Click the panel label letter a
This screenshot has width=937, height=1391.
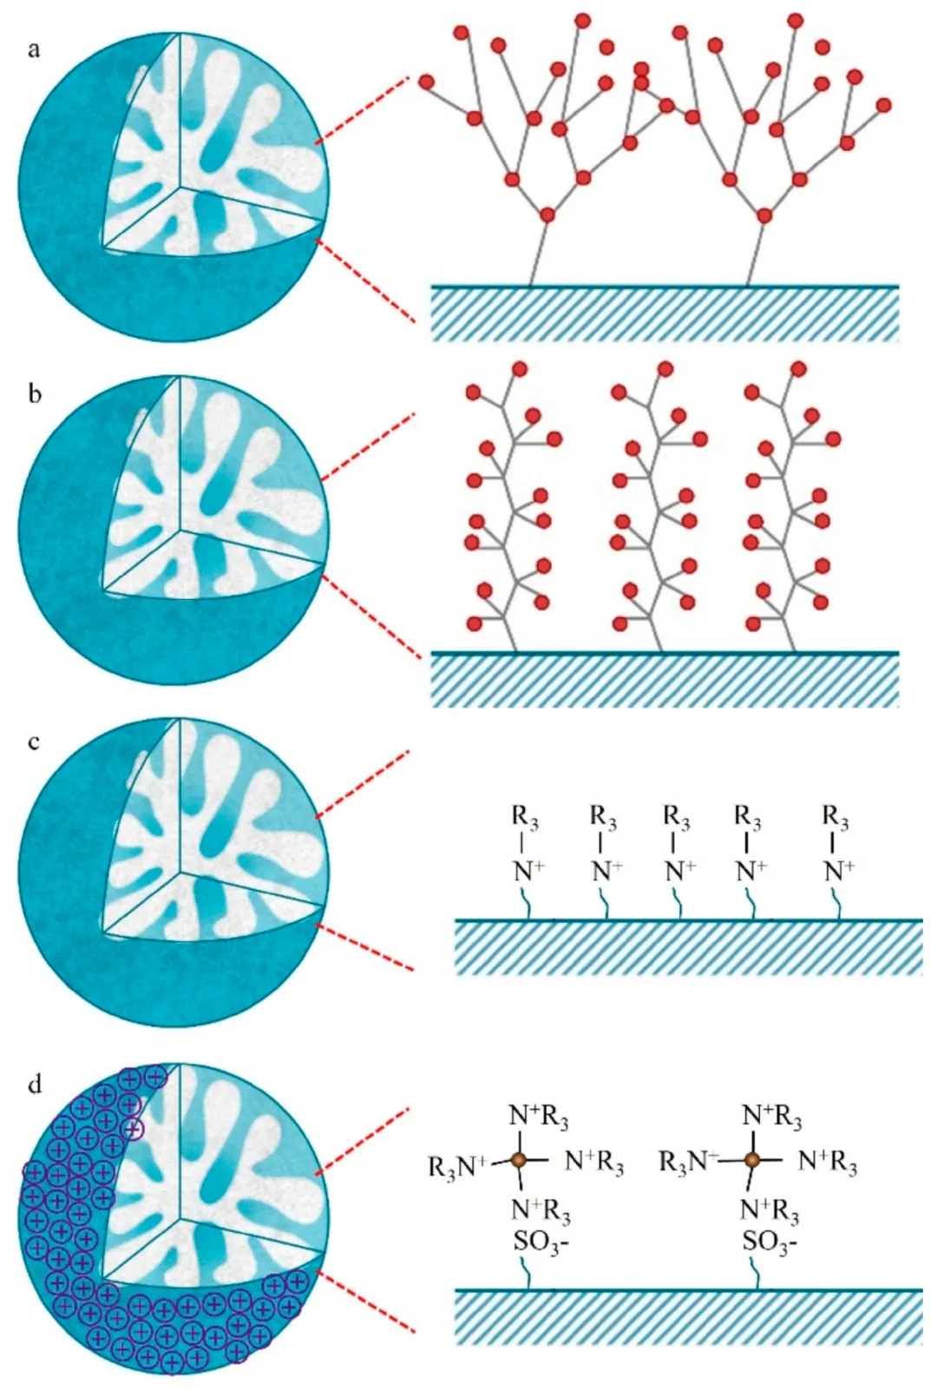[x=34, y=49]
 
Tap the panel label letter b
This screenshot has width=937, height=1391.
[x=35, y=394]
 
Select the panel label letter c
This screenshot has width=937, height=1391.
[x=34, y=742]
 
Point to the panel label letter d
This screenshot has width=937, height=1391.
[x=35, y=1084]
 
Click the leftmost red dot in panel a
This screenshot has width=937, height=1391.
[x=426, y=82]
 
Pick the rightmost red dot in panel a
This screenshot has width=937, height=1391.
[x=883, y=105]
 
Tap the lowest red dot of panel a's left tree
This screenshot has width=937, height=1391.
[x=547, y=214]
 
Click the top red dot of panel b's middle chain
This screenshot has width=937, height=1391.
[x=665, y=369]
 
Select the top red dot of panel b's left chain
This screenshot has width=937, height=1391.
[x=520, y=369]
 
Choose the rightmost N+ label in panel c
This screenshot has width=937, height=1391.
[x=838, y=870]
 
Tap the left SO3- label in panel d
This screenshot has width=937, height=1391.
[x=541, y=1242]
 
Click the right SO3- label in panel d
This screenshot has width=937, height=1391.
[x=770, y=1242]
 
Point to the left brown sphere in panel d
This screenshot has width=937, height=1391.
[x=518, y=1159]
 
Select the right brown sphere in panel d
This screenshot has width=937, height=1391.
[x=752, y=1159]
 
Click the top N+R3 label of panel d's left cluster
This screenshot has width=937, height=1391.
[x=539, y=1117]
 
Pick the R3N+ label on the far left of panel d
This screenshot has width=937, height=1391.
[x=458, y=1166]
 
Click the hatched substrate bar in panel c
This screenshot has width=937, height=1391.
[x=688, y=947]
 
